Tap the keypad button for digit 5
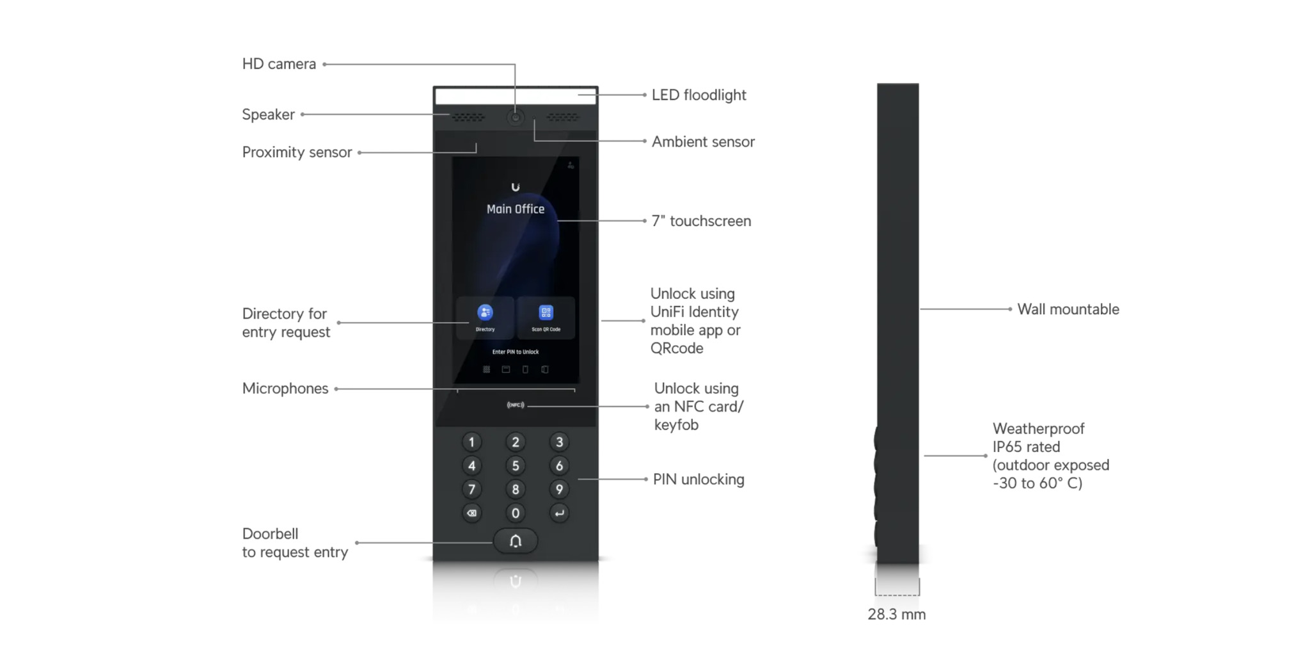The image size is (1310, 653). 515,466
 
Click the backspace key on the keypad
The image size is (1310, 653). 471,513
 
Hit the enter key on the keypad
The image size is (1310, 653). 559,513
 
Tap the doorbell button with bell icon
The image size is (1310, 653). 515,542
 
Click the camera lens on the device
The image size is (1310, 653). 515,118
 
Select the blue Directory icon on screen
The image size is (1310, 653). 485,312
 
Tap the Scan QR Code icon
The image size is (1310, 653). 546,312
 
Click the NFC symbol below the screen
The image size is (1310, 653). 515,405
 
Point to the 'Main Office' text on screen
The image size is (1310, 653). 515,209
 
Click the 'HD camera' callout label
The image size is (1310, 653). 279,64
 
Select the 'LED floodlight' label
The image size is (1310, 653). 698,95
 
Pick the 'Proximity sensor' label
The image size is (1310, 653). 297,152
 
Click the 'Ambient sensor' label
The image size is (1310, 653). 703,142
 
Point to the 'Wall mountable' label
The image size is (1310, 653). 1068,309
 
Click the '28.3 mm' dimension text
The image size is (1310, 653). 896,615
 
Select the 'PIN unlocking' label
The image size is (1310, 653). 698,480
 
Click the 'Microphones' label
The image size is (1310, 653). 285,389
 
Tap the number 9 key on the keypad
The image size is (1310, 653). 559,490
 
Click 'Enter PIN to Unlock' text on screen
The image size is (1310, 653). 515,352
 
